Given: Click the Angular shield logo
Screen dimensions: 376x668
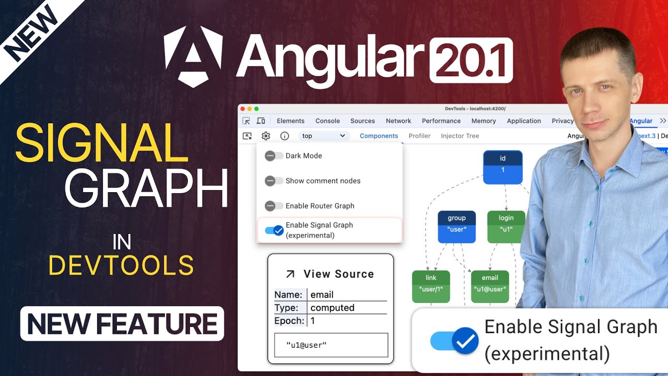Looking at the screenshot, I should click(194, 56).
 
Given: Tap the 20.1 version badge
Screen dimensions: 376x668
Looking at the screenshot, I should click(471, 60).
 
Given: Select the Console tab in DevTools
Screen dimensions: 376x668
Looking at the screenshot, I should click(328, 121).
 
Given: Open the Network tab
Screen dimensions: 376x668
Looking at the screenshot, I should click(399, 121).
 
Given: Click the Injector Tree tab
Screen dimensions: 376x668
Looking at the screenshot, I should click(460, 136).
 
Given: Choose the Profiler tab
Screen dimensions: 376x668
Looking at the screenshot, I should click(420, 136).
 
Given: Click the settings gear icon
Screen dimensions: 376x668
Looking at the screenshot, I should click(266, 136).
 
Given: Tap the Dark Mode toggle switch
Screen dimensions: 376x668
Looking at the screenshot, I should click(273, 156).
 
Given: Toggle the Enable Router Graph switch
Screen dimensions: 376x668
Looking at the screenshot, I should click(273, 206).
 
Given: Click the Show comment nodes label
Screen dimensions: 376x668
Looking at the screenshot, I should click(323, 181).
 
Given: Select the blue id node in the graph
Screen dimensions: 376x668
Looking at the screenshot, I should click(503, 167).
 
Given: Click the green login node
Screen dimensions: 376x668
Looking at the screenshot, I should click(506, 226).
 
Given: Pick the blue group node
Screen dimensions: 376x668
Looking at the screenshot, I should click(457, 226).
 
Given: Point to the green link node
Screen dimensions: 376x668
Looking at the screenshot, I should click(431, 286).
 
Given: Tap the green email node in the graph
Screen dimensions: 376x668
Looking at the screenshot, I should click(490, 286).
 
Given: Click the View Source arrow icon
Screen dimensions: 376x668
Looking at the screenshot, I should click(291, 274).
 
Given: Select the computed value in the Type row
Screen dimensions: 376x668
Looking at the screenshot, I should click(332, 308).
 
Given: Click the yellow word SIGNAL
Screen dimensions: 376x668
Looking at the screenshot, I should click(102, 143).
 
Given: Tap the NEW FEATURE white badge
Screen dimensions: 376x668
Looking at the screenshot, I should click(122, 324).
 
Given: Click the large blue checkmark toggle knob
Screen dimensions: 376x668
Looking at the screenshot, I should click(465, 342).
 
